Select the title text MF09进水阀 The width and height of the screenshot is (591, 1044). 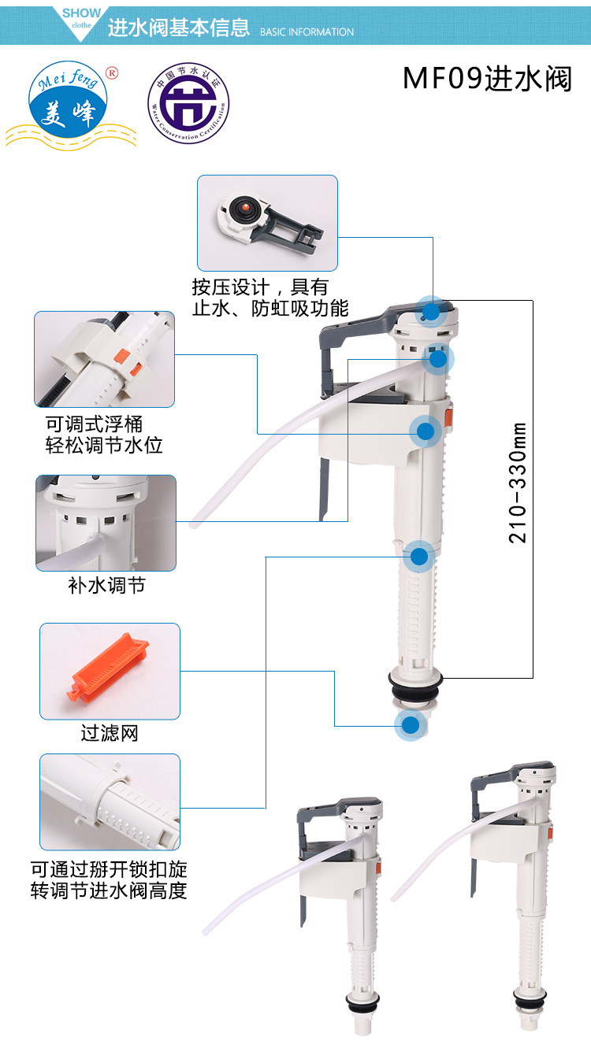[487, 80]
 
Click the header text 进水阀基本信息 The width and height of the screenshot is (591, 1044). [179, 29]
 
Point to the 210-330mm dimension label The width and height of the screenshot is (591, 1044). [518, 483]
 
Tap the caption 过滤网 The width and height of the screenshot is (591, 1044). [110, 734]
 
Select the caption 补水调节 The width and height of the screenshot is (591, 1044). [106, 586]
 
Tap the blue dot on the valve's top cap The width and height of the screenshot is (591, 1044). [430, 311]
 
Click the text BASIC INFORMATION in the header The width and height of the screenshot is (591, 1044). [307, 32]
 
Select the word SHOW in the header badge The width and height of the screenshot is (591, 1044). [81, 13]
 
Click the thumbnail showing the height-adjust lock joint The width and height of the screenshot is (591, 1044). [110, 802]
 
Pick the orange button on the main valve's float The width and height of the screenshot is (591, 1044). [448, 413]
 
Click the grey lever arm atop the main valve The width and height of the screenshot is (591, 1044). [355, 325]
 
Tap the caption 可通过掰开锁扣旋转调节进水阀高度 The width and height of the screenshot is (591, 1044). [110, 880]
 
